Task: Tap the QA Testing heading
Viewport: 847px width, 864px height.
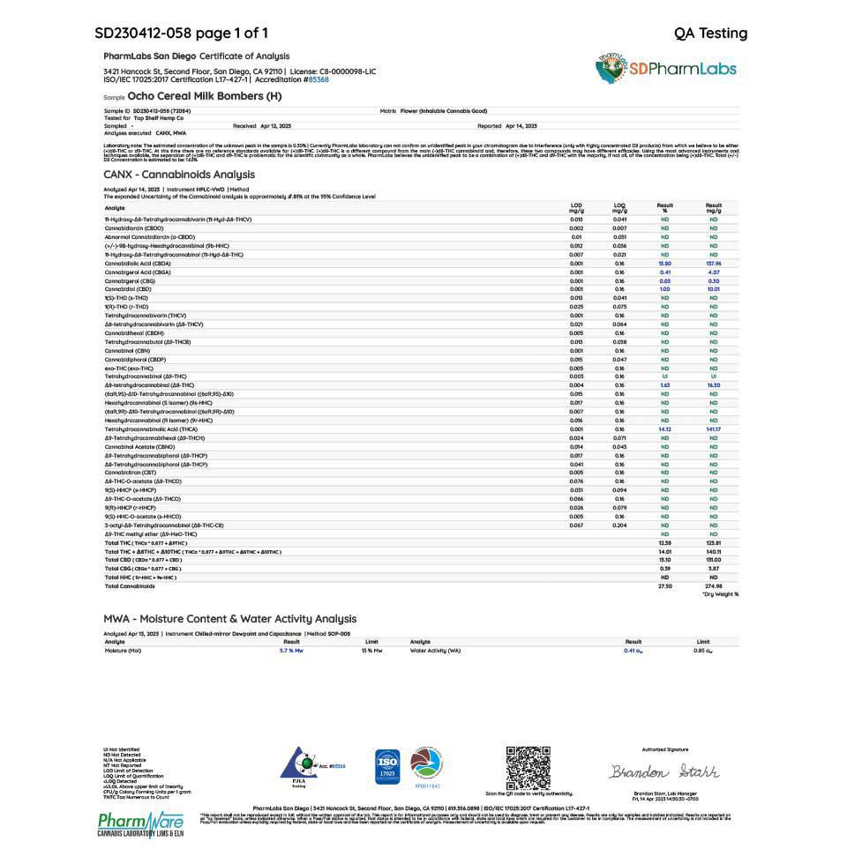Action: [710, 34]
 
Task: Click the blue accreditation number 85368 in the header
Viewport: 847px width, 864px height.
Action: [317, 79]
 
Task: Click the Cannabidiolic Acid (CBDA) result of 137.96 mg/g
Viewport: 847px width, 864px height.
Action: [714, 264]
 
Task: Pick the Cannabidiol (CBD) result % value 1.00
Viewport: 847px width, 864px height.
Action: [664, 289]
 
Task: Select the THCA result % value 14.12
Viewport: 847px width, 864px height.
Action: [664, 429]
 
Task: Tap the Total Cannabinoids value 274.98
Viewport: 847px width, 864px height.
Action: [714, 586]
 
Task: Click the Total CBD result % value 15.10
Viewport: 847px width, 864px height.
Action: [664, 560]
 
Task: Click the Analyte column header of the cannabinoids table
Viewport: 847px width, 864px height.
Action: [115, 208]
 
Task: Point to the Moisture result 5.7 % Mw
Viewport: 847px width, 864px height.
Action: [291, 651]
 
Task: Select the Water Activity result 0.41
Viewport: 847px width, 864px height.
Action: [630, 651]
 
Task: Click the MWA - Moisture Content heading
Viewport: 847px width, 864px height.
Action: [229, 619]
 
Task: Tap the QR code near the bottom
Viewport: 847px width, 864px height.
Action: [528, 768]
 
